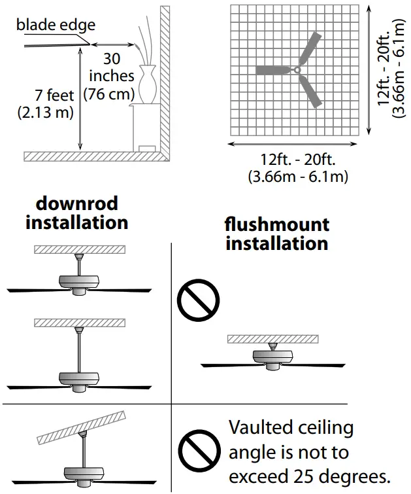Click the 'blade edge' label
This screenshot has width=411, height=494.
[56, 26]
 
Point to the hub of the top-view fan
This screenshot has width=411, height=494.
[297, 69]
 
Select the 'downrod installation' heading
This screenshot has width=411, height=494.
[76, 213]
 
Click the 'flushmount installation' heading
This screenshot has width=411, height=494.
[276, 234]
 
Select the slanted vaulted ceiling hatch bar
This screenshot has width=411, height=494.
[82, 427]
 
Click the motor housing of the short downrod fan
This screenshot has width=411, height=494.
[80, 281]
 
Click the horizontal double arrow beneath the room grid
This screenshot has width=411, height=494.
[295, 144]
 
